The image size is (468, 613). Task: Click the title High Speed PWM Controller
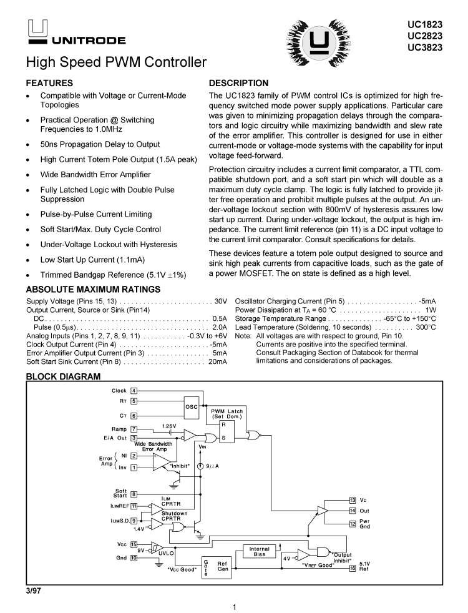point(115,63)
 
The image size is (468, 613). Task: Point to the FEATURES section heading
point(49,83)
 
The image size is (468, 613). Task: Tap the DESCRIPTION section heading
point(238,83)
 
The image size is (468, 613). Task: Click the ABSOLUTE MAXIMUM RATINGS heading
point(93,289)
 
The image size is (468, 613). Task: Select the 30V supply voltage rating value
point(220,300)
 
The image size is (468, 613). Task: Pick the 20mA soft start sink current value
point(217,361)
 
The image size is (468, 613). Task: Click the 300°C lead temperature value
point(426,326)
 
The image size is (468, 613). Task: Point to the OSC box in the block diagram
point(192,407)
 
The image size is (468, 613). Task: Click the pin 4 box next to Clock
point(134,391)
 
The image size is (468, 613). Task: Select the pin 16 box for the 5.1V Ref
point(353,567)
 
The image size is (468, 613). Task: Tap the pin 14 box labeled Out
point(353,511)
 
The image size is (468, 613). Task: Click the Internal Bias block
point(259,551)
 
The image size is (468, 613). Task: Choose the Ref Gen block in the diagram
point(223,566)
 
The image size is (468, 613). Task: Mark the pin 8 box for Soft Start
point(134,494)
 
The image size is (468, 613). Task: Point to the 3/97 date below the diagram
point(33,590)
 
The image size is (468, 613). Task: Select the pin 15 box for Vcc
point(134,544)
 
